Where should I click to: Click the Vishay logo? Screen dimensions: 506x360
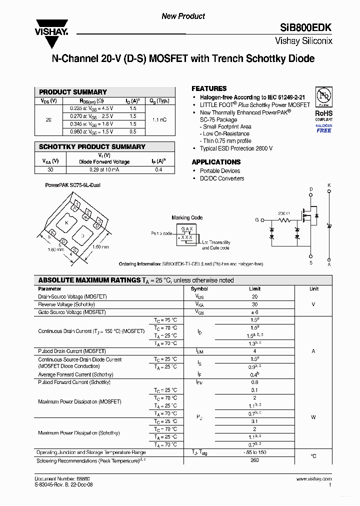(x=50, y=26)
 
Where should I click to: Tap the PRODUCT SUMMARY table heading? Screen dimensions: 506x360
(x=73, y=92)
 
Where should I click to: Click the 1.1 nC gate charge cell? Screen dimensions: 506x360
(x=159, y=120)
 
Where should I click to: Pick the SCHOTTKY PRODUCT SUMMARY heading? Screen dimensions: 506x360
(x=92, y=147)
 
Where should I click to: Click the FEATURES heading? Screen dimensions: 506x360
(x=209, y=88)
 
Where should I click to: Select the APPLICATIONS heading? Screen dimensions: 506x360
(x=216, y=162)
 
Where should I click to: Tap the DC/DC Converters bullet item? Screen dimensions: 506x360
(x=222, y=178)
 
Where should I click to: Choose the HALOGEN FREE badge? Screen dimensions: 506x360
(x=323, y=128)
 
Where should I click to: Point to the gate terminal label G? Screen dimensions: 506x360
(x=257, y=220)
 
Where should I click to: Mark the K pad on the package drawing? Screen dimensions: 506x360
(x=66, y=222)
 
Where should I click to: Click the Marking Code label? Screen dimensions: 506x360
(x=187, y=217)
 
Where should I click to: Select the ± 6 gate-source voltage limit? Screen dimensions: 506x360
(x=254, y=312)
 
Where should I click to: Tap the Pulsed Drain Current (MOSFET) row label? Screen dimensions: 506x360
(x=71, y=351)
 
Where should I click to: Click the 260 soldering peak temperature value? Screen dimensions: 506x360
(x=254, y=460)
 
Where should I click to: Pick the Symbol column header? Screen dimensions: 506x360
(x=199, y=289)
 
